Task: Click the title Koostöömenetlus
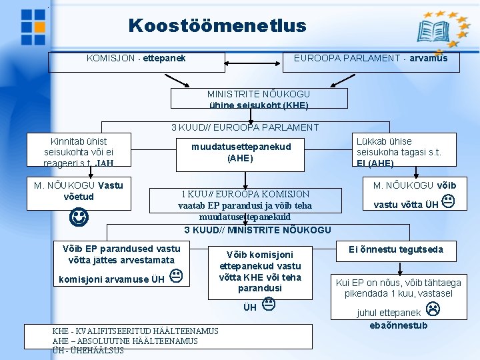coord(217,26)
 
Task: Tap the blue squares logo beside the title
coord(33,26)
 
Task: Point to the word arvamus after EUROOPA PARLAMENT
coord(428,59)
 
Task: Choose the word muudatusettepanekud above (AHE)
coord(241,147)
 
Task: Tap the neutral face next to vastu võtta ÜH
coord(448,201)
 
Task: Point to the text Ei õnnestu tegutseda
coord(395,249)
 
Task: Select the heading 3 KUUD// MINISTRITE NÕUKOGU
coord(257,230)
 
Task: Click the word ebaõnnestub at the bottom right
coord(399,325)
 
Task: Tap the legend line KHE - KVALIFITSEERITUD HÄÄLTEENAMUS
coord(135,331)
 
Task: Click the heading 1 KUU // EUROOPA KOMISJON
coord(245,195)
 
